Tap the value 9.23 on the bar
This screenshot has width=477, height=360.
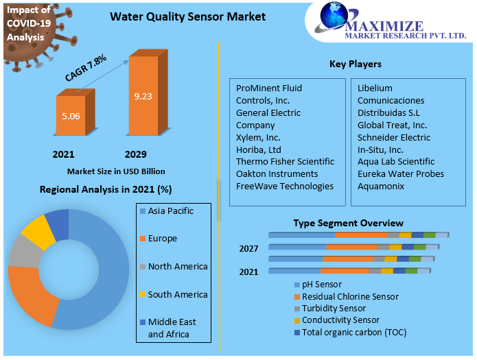(x=143, y=96)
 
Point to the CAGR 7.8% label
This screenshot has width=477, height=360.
(x=86, y=69)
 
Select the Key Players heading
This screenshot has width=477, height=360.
(x=355, y=64)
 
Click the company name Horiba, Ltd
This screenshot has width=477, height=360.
(x=259, y=149)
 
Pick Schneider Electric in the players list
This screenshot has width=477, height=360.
(x=393, y=137)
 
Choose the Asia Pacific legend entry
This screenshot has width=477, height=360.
(x=170, y=211)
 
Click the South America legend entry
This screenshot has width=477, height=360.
(x=177, y=294)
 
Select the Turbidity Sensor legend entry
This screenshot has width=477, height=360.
(x=334, y=309)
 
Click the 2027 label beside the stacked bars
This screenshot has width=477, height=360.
(x=248, y=248)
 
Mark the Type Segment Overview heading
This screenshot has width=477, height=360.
(x=348, y=223)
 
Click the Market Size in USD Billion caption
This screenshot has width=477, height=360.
(x=116, y=171)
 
